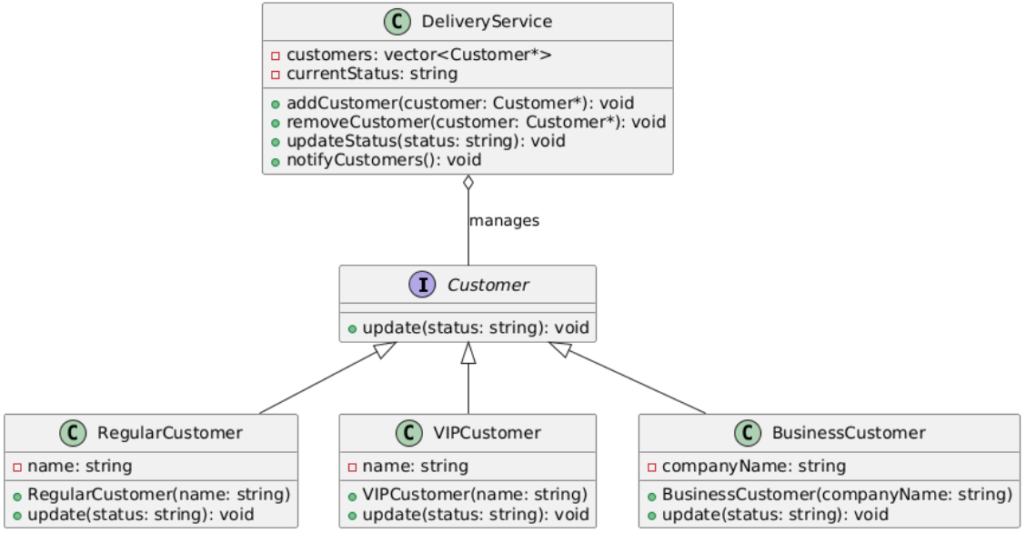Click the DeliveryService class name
(487, 22)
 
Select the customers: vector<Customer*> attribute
(418, 55)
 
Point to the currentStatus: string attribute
(372, 74)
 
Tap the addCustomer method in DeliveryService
(460, 104)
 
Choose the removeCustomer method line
(477, 122)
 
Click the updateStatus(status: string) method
(426, 141)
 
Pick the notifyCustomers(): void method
(384, 160)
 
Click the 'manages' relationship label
(505, 221)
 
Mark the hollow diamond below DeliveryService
(468, 183)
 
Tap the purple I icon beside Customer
(423, 285)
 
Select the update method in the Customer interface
(476, 327)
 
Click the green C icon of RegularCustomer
(74, 433)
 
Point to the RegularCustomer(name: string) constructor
(159, 495)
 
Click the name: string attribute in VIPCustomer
(416, 467)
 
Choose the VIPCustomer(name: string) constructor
(475, 495)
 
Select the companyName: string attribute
(754, 467)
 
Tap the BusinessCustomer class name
(849, 433)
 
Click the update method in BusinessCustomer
(775, 515)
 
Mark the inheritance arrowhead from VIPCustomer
(468, 353)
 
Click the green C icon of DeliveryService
(397, 22)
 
